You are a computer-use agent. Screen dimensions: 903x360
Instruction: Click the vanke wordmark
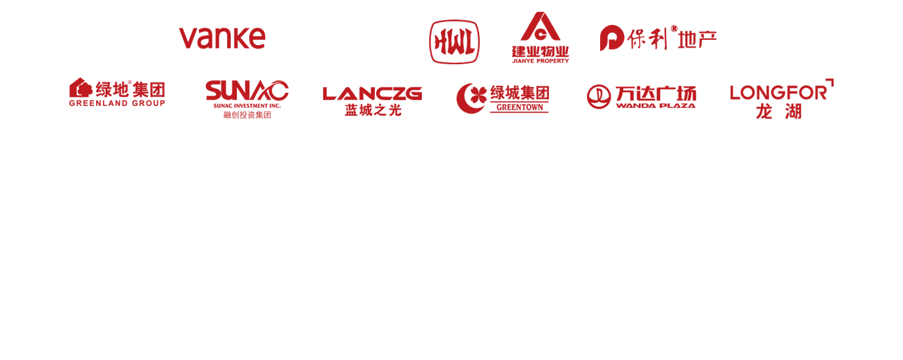pyautogui.click(x=222, y=39)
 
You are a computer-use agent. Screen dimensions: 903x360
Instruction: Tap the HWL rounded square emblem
pyautogui.click(x=454, y=42)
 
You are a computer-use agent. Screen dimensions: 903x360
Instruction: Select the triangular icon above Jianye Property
pyautogui.click(x=540, y=26)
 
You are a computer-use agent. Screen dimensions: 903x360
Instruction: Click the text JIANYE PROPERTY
pyautogui.click(x=540, y=61)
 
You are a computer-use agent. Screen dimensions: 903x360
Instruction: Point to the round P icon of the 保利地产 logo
pyautogui.click(x=612, y=38)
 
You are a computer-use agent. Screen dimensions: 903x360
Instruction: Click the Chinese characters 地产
pyautogui.click(x=697, y=39)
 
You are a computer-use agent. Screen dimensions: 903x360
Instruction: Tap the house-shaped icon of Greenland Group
pyautogui.click(x=80, y=87)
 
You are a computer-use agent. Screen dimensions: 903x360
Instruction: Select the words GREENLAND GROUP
pyautogui.click(x=117, y=103)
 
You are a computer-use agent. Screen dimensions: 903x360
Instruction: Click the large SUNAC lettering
pyautogui.click(x=247, y=90)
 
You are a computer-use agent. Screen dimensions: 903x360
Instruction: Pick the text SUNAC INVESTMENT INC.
pyautogui.click(x=247, y=106)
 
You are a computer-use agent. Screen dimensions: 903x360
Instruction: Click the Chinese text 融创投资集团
pyautogui.click(x=247, y=115)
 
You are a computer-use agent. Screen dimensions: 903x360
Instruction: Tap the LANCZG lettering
pyautogui.click(x=372, y=94)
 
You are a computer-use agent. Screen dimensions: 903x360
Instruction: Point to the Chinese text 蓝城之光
pyautogui.click(x=373, y=110)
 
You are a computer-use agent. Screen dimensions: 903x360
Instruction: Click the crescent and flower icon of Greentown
pyautogui.click(x=471, y=98)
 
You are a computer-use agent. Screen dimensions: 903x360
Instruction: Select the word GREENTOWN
pyautogui.click(x=520, y=107)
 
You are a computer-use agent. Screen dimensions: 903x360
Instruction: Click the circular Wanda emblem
pyautogui.click(x=599, y=97)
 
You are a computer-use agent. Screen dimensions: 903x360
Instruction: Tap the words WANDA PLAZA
pyautogui.click(x=656, y=105)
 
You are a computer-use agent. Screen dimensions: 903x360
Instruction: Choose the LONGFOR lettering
pyautogui.click(x=779, y=93)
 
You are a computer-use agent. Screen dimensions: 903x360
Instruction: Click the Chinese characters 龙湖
pyautogui.click(x=779, y=112)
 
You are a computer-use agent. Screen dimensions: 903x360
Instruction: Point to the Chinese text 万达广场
pyautogui.click(x=656, y=94)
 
